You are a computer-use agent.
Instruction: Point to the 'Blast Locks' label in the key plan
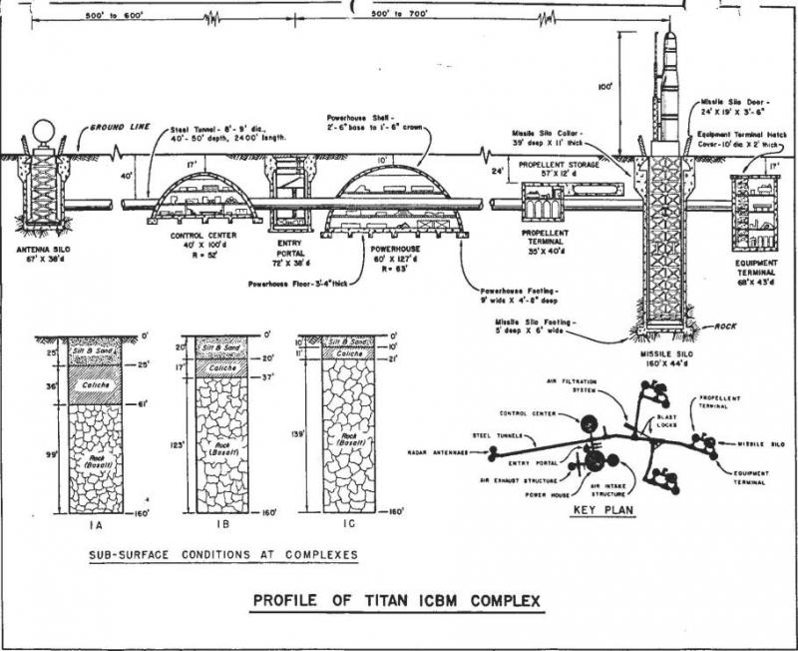point(668,419)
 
